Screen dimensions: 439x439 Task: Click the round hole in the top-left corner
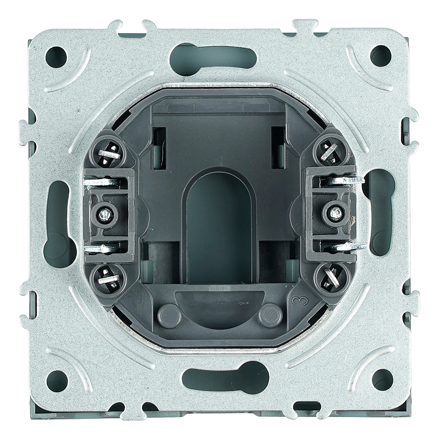click(x=56, y=57)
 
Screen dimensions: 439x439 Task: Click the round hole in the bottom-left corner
click(x=58, y=381)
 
